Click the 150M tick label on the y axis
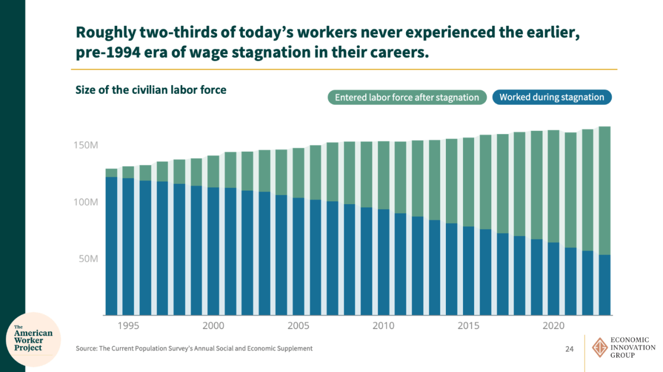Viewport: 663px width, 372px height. tap(86, 145)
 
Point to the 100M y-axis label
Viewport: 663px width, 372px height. tap(86, 202)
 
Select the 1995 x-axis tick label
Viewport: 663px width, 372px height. tap(128, 326)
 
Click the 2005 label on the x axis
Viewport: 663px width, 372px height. tap(299, 326)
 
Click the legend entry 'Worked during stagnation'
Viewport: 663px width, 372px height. tap(551, 98)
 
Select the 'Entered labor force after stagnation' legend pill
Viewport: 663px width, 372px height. tap(407, 98)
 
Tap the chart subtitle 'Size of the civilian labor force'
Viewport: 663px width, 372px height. tap(151, 90)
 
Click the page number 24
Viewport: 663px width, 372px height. tap(569, 349)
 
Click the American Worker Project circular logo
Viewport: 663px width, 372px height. tap(33, 340)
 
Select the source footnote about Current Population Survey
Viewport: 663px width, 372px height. tap(194, 349)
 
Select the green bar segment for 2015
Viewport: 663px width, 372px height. tap(469, 182)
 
